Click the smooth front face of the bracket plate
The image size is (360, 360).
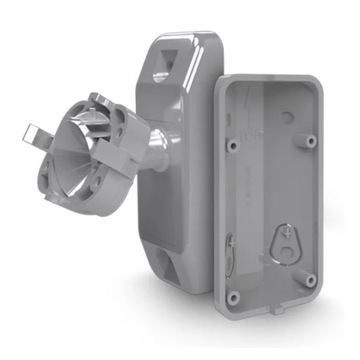180,170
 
